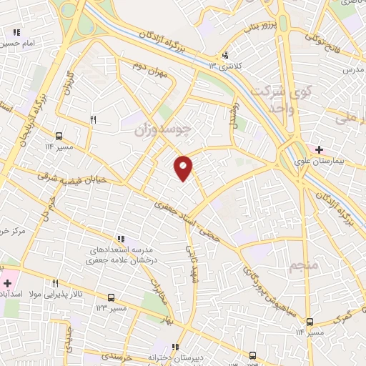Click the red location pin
184,167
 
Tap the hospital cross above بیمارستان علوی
319,150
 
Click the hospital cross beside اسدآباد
7,284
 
